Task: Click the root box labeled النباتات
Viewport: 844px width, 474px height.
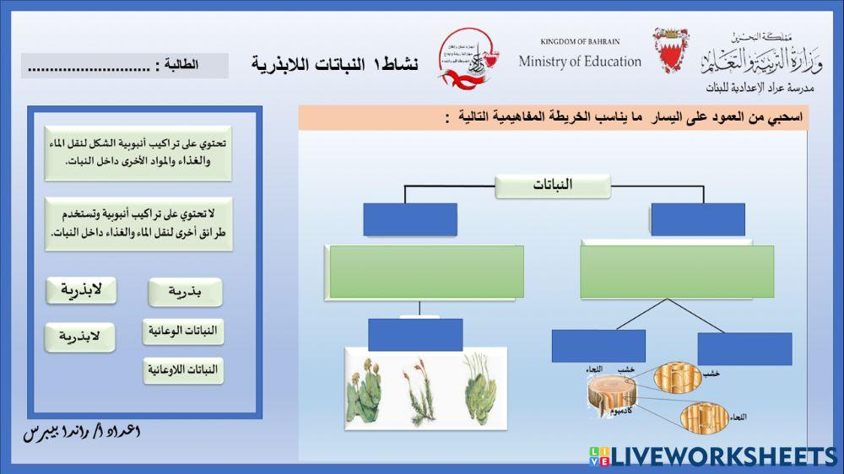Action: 552,186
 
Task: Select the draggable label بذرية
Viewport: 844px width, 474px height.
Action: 185,293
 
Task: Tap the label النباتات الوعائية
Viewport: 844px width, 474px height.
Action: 183,331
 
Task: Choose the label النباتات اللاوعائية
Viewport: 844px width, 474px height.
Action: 183,370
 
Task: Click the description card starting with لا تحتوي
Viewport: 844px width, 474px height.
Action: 138,224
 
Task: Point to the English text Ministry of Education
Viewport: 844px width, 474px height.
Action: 580,62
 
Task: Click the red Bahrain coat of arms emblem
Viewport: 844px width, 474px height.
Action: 671,51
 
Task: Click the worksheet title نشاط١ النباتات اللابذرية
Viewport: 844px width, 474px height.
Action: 334,64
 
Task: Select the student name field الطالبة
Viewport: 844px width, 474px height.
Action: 125,66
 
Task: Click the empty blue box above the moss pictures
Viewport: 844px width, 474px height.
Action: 415,335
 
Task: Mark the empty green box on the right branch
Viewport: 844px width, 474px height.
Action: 677,272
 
